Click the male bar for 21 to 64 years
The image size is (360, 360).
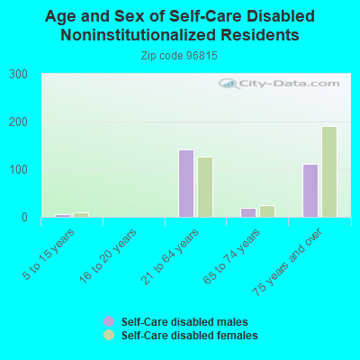pos(186,184)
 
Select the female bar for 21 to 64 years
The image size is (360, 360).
pos(205,187)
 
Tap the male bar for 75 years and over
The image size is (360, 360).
pos(310,191)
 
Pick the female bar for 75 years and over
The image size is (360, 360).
pos(329,172)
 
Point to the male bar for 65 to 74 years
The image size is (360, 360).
pos(248,212)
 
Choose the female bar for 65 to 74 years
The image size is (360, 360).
pos(267,211)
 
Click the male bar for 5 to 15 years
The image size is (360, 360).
pos(63,216)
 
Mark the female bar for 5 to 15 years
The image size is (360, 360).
pos(81,215)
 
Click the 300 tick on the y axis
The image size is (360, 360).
pos(18,75)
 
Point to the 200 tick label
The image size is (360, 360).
pos(18,122)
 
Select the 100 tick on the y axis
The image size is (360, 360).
pos(18,170)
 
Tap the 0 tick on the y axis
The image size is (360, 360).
pos(24,218)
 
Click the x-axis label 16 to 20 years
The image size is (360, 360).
pos(108,256)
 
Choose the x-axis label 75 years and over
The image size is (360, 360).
pos(287,262)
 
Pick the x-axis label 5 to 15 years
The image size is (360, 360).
pos(49,255)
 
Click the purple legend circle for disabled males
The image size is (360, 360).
pos(109,321)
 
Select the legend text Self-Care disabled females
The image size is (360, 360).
pos(190,335)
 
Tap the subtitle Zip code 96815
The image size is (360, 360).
pos(179,56)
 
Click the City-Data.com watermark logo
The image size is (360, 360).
pos(279,84)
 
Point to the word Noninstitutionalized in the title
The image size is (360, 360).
pos(139,35)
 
